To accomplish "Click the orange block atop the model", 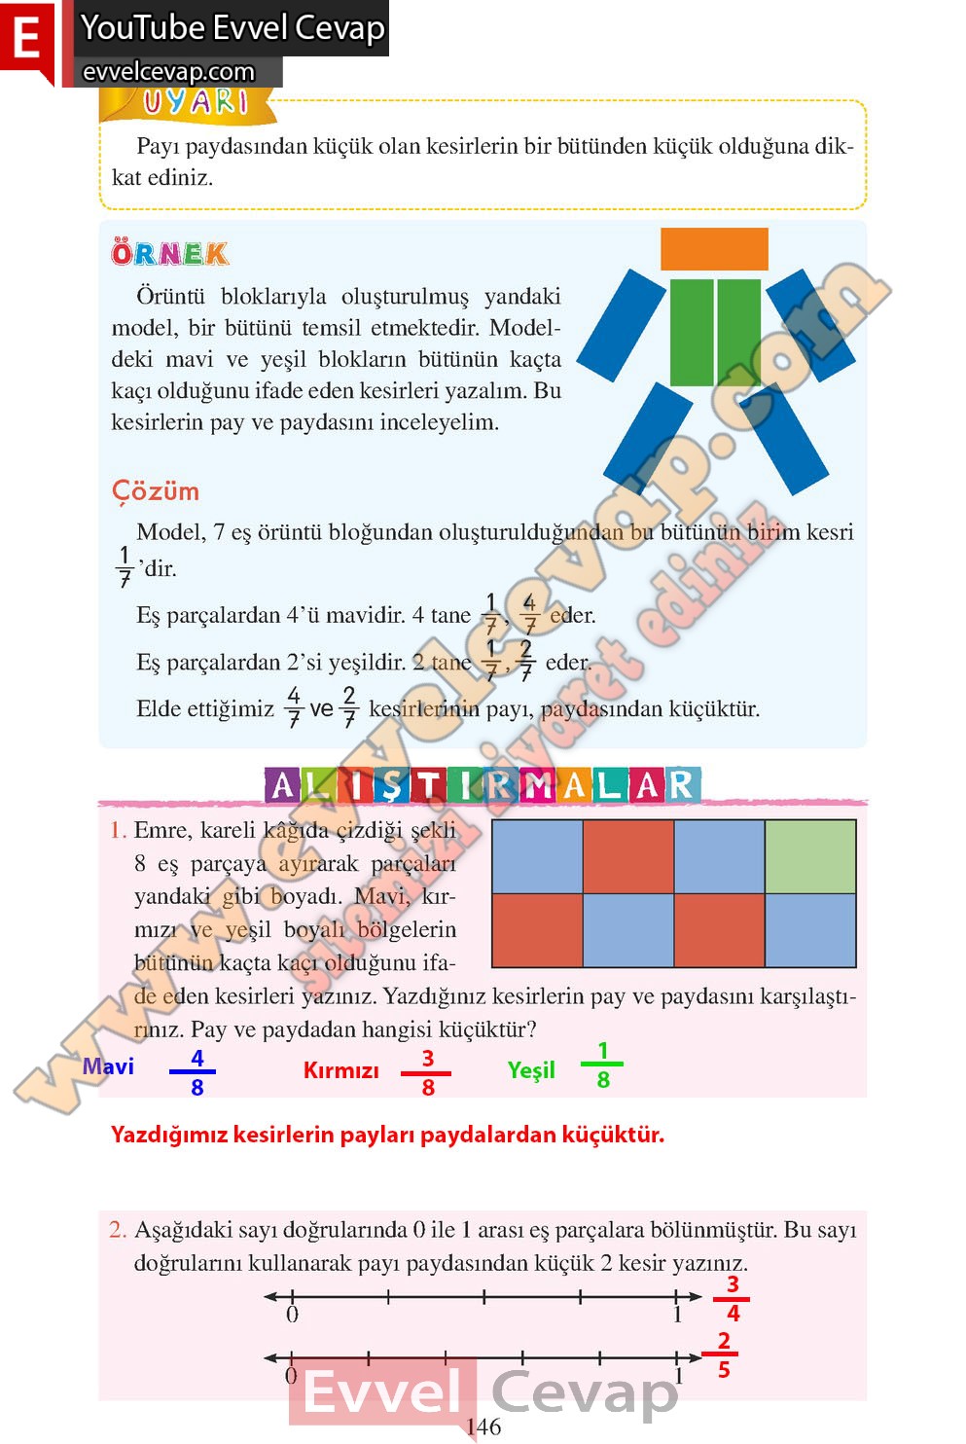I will click(714, 249).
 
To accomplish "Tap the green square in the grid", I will click(810, 857).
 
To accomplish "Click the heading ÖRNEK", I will click(170, 254).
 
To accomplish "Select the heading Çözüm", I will click(156, 491).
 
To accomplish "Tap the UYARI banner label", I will click(196, 102).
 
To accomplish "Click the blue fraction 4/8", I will click(197, 1072).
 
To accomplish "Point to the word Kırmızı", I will click(340, 1070).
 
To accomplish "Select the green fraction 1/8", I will click(602, 1065).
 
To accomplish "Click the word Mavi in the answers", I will click(108, 1066).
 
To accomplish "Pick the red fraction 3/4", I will click(733, 1299).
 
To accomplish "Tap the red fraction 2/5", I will click(723, 1355).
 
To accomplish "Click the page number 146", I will click(483, 1426).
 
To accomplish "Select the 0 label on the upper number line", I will click(292, 1315).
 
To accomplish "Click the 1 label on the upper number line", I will click(677, 1315).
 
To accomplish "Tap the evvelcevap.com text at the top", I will click(168, 72).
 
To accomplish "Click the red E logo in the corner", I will click(26, 40).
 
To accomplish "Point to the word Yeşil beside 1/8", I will click(531, 1070).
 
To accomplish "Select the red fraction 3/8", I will click(427, 1073).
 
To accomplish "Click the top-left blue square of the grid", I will click(537, 857).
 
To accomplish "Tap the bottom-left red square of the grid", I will click(537, 930).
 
